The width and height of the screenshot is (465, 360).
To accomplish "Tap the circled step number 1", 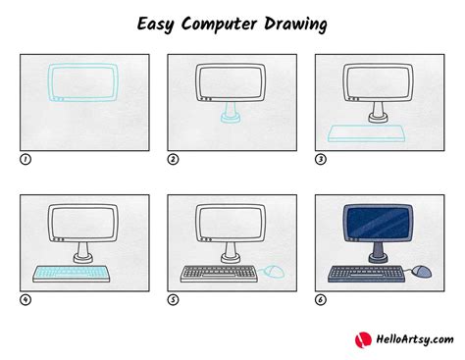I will pyautogui.click(x=25, y=159).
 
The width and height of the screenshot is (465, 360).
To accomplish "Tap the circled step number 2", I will pyautogui.click(x=173, y=159).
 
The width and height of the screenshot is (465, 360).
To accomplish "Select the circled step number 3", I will pyautogui.click(x=320, y=159).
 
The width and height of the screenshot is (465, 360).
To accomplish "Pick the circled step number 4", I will pyautogui.click(x=25, y=300).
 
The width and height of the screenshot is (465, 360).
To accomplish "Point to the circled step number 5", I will pyautogui.click(x=173, y=300).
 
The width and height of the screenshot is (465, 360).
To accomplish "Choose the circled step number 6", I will pyautogui.click(x=320, y=300).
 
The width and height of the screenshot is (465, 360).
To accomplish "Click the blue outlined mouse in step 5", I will pyautogui.click(x=277, y=270).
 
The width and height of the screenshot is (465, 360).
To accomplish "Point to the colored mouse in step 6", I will pyautogui.click(x=423, y=270).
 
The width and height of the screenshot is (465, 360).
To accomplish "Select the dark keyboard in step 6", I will pyautogui.click(x=364, y=272).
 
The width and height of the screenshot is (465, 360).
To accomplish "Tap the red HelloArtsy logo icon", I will pyautogui.click(x=363, y=339).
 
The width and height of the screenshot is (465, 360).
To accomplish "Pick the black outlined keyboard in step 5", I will pyautogui.click(x=217, y=272).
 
